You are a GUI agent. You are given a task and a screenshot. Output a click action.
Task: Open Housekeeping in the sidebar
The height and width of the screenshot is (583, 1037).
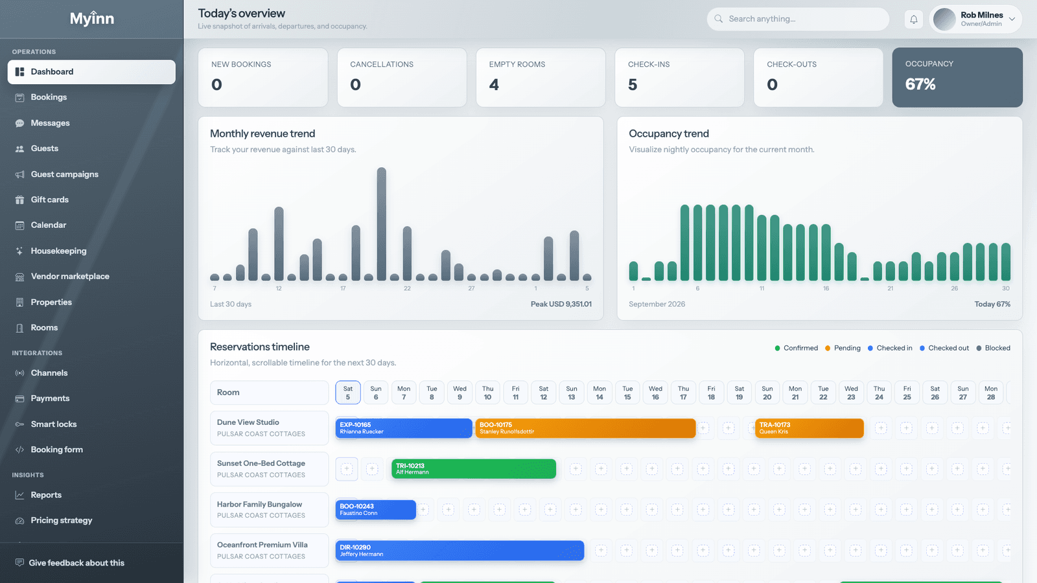click(x=58, y=251)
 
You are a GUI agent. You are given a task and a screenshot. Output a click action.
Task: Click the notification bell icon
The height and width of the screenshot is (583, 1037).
click(x=913, y=19)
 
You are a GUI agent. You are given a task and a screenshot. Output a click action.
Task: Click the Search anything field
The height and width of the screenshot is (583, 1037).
click(x=798, y=19)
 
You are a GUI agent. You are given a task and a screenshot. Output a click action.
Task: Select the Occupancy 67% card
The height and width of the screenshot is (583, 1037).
click(x=957, y=77)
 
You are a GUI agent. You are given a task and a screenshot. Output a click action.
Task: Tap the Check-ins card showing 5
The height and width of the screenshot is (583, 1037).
click(x=679, y=77)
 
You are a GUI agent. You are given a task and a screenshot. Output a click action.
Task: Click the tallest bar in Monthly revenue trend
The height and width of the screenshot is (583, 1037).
click(x=382, y=224)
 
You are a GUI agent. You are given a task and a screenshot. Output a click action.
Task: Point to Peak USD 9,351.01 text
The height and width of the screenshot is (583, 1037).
click(x=561, y=304)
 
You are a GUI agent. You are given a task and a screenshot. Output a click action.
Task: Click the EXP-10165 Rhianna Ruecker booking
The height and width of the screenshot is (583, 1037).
click(x=404, y=428)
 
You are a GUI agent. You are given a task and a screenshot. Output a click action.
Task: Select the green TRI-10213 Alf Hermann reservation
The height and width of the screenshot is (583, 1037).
click(x=474, y=469)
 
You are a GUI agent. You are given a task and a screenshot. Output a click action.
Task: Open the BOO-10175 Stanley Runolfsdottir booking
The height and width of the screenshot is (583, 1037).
click(x=585, y=428)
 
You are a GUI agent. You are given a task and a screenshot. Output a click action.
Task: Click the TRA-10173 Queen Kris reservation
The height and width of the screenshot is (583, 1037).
click(x=810, y=428)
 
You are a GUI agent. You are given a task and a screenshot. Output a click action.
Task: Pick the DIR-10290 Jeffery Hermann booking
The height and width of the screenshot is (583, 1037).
click(x=460, y=551)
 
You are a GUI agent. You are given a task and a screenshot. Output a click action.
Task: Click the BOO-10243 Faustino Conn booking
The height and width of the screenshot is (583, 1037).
click(x=375, y=509)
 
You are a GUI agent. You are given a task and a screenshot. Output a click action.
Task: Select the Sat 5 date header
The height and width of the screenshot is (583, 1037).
click(x=347, y=393)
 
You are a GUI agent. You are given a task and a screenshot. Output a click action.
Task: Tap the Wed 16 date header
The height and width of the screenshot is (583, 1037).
click(x=655, y=393)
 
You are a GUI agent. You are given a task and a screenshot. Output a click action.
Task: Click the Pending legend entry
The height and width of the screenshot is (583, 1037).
click(x=843, y=348)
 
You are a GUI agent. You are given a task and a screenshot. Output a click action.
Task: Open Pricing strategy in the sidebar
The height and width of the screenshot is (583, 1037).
click(x=61, y=520)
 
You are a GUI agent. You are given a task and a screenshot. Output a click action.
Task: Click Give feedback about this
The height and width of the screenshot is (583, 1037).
click(x=76, y=563)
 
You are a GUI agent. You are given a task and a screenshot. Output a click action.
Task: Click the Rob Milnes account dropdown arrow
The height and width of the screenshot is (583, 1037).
click(x=1012, y=19)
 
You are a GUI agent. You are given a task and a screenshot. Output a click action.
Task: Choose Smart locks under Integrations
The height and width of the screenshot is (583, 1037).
click(x=54, y=424)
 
